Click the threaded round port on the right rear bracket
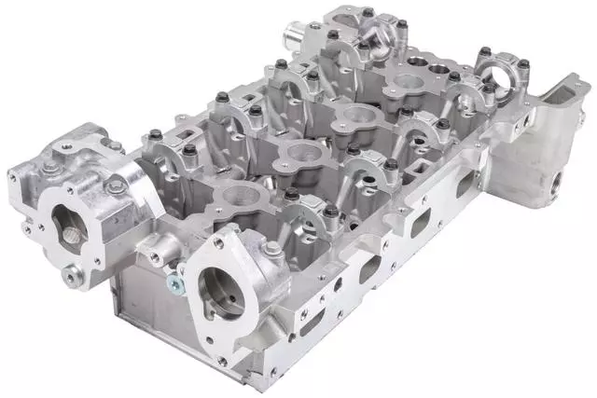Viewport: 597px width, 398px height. tap(560, 181)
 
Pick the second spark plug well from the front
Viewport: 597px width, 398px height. tap(298, 154)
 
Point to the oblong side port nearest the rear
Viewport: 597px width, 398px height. tap(464, 182)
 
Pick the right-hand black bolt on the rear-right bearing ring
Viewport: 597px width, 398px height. tap(523, 64)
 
